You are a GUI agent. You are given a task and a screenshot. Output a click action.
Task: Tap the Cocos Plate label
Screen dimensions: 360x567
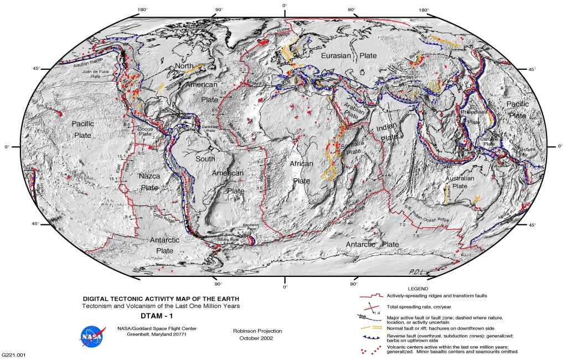(x=145, y=131)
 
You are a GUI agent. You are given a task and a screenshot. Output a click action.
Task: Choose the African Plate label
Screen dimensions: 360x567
(x=302, y=172)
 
